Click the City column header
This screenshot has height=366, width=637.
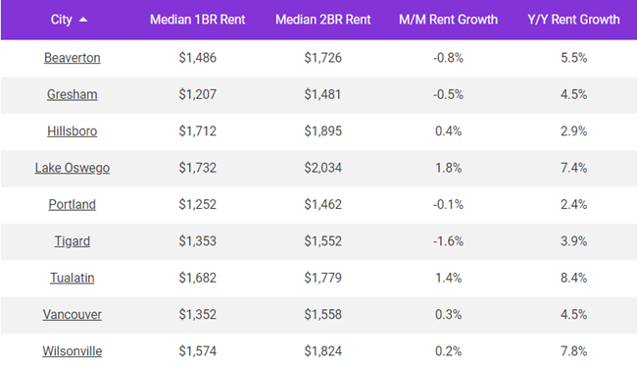[61, 20]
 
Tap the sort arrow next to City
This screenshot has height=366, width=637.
[82, 20]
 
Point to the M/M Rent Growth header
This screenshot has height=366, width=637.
[448, 20]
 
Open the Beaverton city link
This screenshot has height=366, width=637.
[73, 58]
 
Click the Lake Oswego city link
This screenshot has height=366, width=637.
[73, 168]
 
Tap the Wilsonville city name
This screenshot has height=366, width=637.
[73, 351]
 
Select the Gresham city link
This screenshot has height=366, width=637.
[73, 94]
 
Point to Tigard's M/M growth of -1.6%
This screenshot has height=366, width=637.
[448, 241]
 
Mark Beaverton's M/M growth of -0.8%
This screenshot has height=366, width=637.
[448, 58]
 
